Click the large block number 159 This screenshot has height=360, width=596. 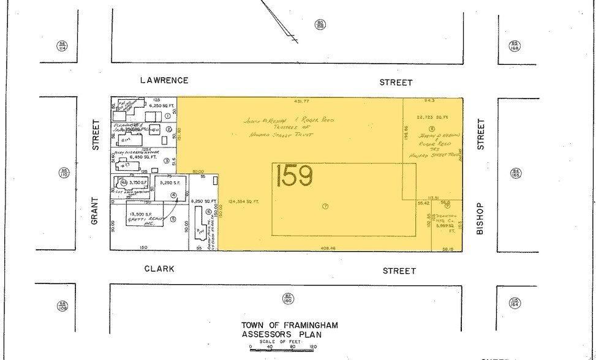pyautogui.click(x=295, y=176)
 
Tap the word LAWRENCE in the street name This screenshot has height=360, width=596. pyautogui.click(x=164, y=80)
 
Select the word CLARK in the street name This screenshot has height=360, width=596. pyautogui.click(x=159, y=269)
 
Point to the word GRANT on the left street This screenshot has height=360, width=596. pyautogui.click(x=95, y=211)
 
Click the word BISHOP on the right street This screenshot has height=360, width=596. pyautogui.click(x=481, y=219)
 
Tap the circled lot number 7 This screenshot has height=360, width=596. pyautogui.click(x=325, y=206)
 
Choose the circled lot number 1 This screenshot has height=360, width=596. pyautogui.click(x=167, y=116)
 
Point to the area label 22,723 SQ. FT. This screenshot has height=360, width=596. pyautogui.click(x=434, y=117)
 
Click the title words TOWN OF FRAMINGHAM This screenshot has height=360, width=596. pyautogui.click(x=290, y=325)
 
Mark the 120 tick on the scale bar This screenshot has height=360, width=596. pyautogui.click(x=314, y=347)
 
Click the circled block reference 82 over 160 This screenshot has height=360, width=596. pyautogui.click(x=287, y=298)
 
